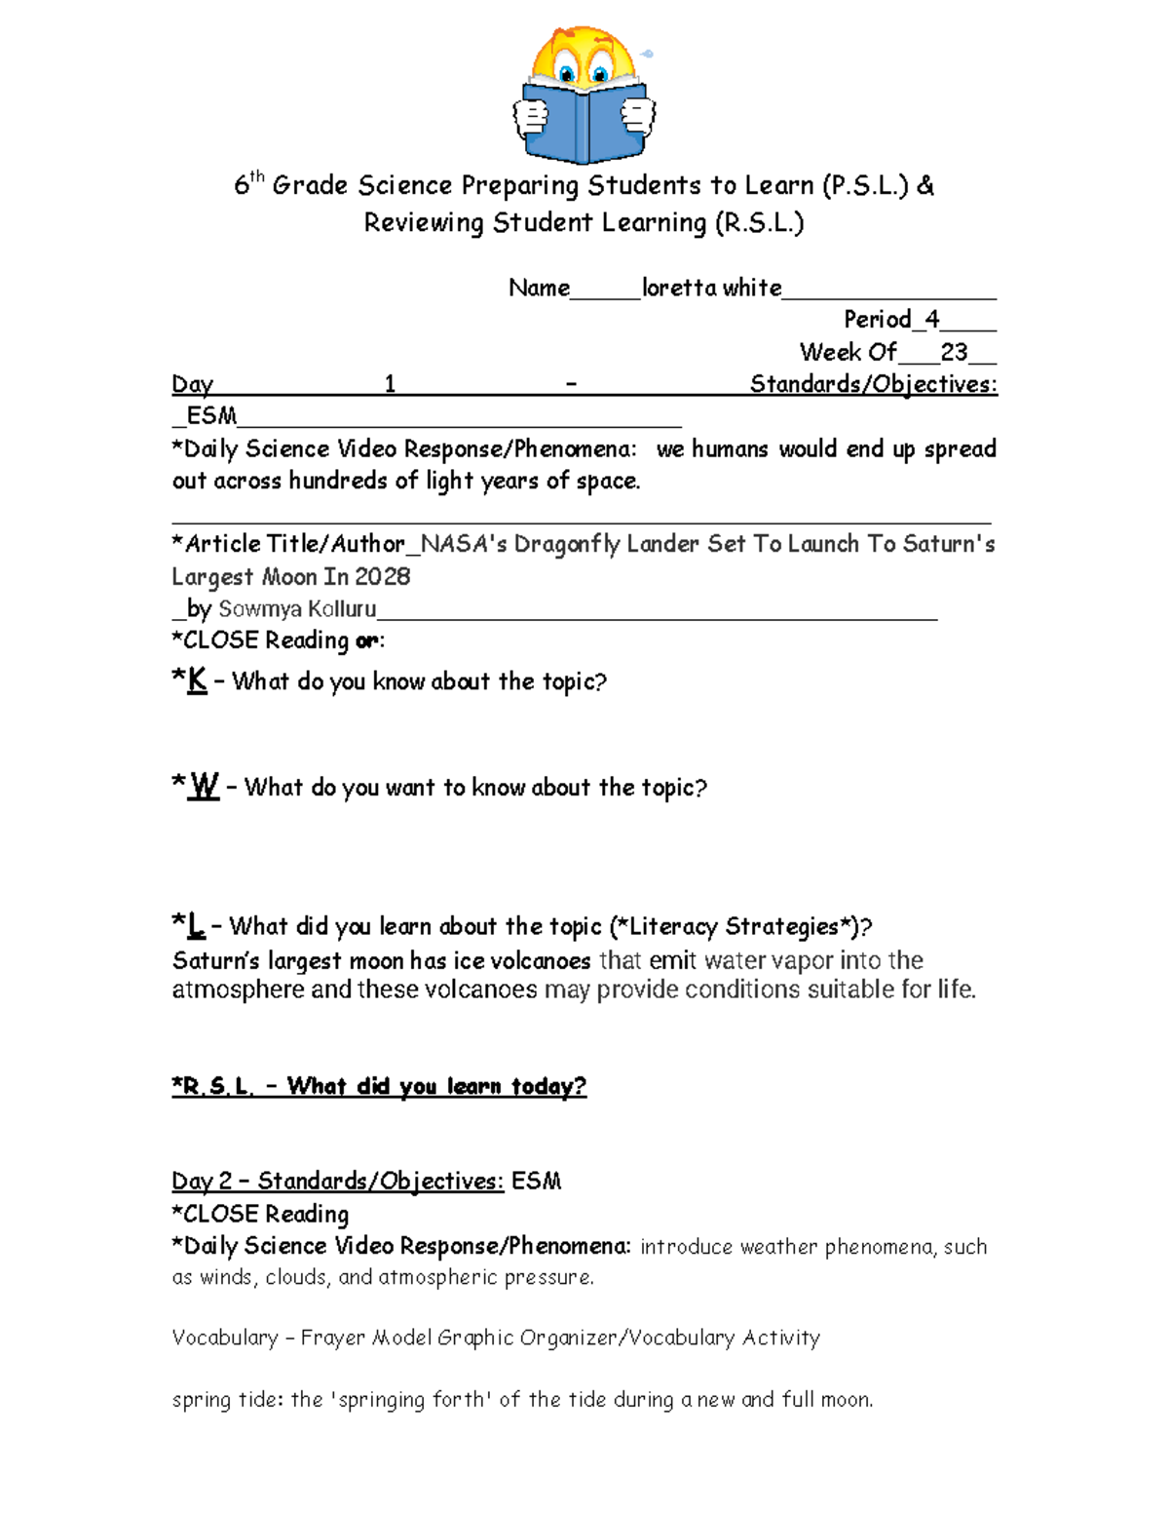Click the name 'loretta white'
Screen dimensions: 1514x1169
click(711, 288)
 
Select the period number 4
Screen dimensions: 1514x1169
click(932, 319)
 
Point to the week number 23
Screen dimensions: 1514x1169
click(954, 352)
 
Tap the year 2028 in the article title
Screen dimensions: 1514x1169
click(382, 577)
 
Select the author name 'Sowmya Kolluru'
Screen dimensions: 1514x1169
click(297, 609)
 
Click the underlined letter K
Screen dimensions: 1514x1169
click(197, 680)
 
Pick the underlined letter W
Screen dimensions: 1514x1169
click(204, 786)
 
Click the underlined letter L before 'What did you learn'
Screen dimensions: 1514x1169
click(196, 924)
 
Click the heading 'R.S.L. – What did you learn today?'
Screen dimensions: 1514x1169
click(379, 1086)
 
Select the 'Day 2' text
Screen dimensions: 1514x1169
click(202, 1182)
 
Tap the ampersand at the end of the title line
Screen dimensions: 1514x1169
click(924, 185)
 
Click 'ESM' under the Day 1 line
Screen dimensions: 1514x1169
click(210, 416)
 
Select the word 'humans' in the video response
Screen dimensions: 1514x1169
click(730, 449)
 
